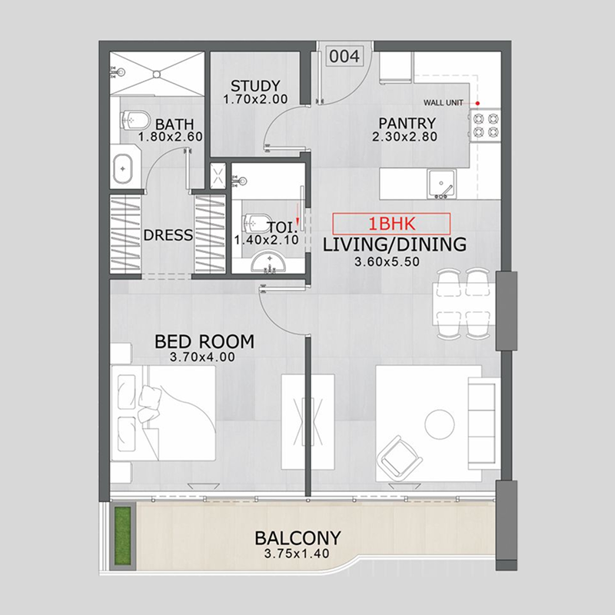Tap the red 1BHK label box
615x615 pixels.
tap(391, 224)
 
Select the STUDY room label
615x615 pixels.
tap(254, 85)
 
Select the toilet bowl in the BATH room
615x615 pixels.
tap(134, 119)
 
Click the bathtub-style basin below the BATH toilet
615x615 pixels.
tap(123, 169)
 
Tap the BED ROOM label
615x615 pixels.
tap(204, 341)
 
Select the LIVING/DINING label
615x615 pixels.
tap(394, 245)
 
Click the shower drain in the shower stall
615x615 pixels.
tap(157, 74)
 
